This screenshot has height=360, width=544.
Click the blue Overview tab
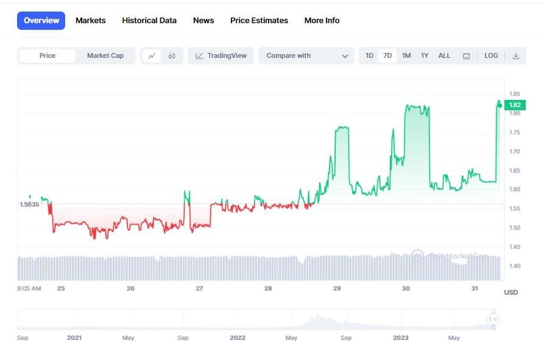click(41, 20)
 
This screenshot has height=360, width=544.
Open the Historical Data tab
click(149, 20)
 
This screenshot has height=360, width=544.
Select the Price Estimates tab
click(259, 20)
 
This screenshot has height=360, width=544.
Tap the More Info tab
click(322, 20)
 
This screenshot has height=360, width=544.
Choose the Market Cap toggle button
click(105, 55)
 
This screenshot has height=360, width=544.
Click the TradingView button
click(221, 55)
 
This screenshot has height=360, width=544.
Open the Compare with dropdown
click(306, 55)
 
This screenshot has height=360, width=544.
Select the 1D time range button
click(369, 55)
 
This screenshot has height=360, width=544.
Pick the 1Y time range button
click(425, 55)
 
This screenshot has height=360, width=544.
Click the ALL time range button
click(444, 55)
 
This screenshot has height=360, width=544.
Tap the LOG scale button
click(491, 55)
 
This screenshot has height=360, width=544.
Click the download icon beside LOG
click(516, 56)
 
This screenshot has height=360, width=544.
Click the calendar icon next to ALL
click(466, 56)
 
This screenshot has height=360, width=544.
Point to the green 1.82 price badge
click(515, 105)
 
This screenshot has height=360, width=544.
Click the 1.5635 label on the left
click(29, 205)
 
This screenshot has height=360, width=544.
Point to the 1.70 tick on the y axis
click(515, 151)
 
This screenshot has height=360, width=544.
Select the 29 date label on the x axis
click(337, 288)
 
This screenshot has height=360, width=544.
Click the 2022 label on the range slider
click(238, 337)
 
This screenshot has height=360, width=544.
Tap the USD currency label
click(510, 292)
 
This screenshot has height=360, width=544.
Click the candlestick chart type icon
click(172, 56)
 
